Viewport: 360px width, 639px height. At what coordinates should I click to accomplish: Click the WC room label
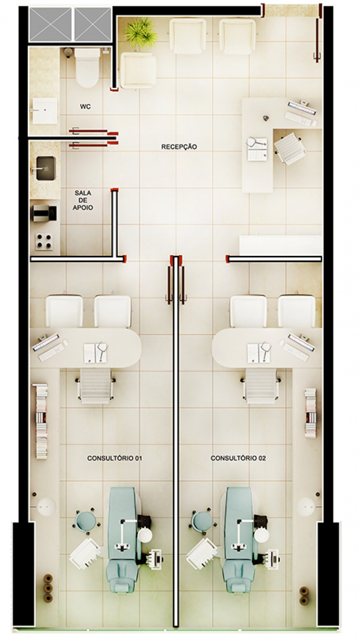point(85,107)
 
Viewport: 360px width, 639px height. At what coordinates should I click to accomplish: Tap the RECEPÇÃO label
point(179,147)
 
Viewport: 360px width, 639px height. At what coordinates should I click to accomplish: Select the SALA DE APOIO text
point(83,200)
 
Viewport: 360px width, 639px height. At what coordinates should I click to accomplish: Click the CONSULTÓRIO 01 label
point(115,458)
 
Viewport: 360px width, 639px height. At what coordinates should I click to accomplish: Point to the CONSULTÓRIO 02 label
point(238,458)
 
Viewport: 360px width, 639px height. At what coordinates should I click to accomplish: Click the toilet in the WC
point(88,67)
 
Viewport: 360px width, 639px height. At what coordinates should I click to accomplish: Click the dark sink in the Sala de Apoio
point(45,168)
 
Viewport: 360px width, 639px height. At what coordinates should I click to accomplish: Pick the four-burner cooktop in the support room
point(44,241)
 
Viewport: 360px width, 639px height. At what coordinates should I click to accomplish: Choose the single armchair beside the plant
point(139,71)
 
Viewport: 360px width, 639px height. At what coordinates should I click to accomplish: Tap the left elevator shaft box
point(51,25)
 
